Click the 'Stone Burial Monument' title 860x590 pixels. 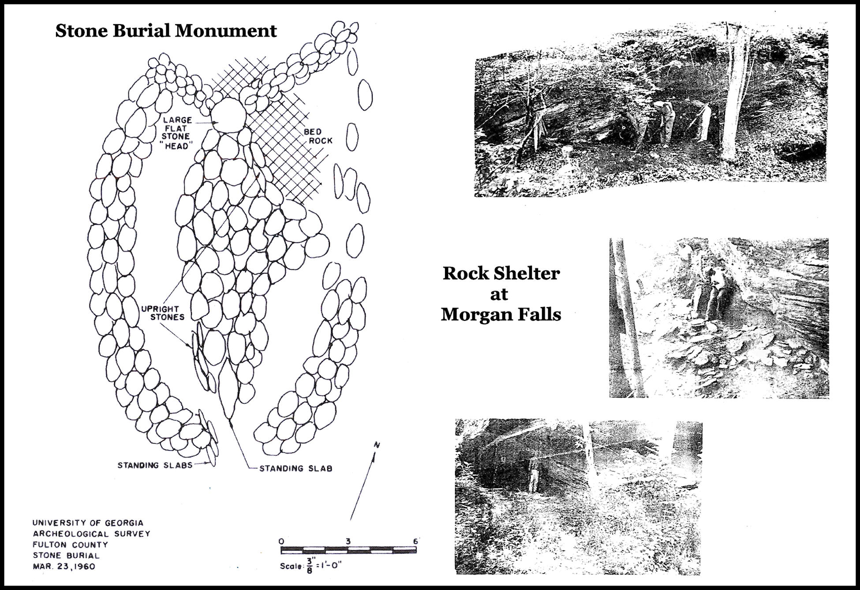pyautogui.click(x=166, y=31)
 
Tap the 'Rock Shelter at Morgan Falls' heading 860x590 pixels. pyautogui.click(x=501, y=293)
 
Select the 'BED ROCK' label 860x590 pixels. pyautogui.click(x=318, y=136)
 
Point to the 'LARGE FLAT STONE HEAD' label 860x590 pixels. pyautogui.click(x=177, y=132)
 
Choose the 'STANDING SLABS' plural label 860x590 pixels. pyautogui.click(x=155, y=465)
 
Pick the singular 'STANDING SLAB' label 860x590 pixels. pyautogui.click(x=295, y=468)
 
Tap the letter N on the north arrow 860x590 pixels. pyautogui.click(x=377, y=445)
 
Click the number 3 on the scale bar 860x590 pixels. pyautogui.click(x=348, y=541)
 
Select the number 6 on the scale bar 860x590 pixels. pyautogui.click(x=415, y=541)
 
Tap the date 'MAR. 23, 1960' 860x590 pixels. pyautogui.click(x=64, y=566)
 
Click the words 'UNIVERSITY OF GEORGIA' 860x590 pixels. pyautogui.click(x=88, y=523)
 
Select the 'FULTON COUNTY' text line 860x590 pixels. pyautogui.click(x=70, y=545)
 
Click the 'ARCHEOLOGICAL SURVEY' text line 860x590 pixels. pyautogui.click(x=91, y=534)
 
